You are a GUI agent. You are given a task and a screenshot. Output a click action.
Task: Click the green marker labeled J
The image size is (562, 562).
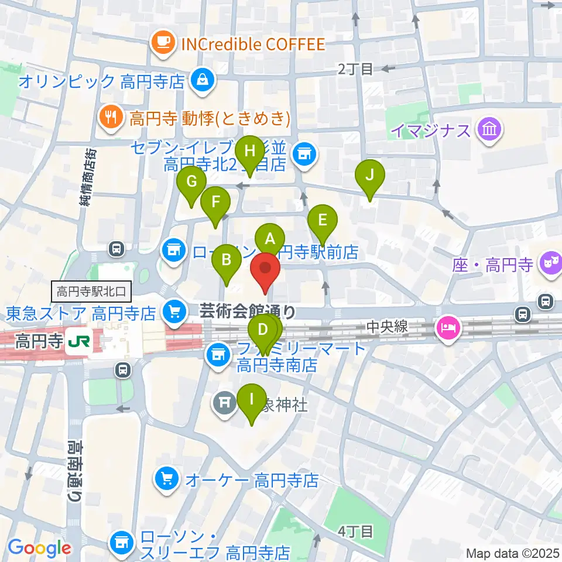[x=370, y=174]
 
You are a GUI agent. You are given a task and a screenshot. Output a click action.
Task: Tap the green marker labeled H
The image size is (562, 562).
[x=250, y=151]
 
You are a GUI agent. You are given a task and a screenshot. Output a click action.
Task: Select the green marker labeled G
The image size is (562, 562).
[x=191, y=181]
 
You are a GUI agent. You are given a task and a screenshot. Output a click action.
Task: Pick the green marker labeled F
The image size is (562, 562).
[x=215, y=203]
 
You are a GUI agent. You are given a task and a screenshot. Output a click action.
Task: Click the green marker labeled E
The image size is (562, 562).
[x=323, y=220]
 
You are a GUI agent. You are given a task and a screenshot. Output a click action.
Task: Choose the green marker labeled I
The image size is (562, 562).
[x=252, y=399]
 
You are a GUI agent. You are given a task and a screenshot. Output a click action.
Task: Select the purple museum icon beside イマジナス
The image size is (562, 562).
[x=489, y=128]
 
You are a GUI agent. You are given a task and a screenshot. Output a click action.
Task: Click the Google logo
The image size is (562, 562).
[x=39, y=547]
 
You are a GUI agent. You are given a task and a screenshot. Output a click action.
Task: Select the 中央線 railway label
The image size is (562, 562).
[x=387, y=327]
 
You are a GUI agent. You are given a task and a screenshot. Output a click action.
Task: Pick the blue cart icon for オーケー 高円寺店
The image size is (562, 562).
[x=167, y=480]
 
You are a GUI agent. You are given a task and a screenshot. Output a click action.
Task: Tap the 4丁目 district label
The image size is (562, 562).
[x=356, y=532]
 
